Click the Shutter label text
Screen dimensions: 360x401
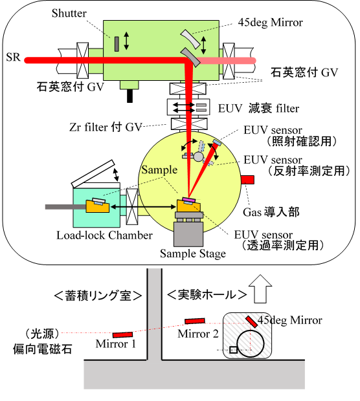(x=69, y=14)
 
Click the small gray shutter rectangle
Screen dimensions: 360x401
(x=117, y=44)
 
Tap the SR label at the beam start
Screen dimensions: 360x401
(x=14, y=57)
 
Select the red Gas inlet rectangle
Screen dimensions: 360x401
(x=247, y=180)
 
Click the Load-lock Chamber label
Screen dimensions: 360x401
(x=104, y=235)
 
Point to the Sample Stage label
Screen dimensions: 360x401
(x=193, y=254)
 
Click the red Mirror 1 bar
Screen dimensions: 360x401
(x=122, y=334)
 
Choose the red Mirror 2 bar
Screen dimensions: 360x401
(x=195, y=321)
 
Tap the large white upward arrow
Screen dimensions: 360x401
(x=260, y=289)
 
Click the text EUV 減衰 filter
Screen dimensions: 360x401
(x=258, y=109)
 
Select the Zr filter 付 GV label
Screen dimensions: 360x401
(x=106, y=127)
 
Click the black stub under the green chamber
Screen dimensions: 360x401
(x=129, y=96)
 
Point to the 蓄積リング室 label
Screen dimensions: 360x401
(x=98, y=296)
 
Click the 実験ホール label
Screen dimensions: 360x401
(x=207, y=295)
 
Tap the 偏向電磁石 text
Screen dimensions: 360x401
(x=43, y=349)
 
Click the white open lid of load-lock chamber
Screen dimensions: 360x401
(x=93, y=173)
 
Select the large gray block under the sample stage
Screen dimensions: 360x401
(x=188, y=234)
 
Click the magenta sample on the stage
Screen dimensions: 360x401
(x=189, y=199)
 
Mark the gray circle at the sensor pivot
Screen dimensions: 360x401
(x=198, y=157)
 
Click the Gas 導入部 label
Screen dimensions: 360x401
(x=271, y=212)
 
